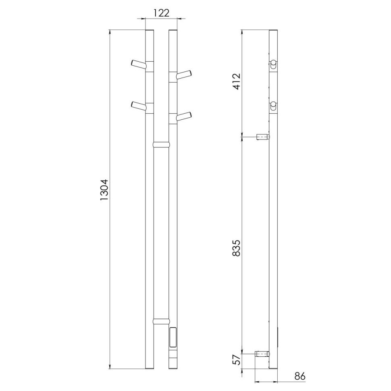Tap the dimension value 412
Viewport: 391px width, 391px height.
[x=237, y=83]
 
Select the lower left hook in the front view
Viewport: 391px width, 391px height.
[x=138, y=106]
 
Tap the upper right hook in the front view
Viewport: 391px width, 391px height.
[x=184, y=74]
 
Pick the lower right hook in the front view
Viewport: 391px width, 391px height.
[x=184, y=116]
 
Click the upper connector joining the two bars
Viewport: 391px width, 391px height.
[x=161, y=144]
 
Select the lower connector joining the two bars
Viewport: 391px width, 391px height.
[x=161, y=321]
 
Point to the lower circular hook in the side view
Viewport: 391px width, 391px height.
[x=274, y=106]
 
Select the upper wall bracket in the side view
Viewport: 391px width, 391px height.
[x=262, y=137]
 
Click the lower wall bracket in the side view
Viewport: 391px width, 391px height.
[x=262, y=354]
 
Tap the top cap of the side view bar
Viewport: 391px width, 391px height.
[x=273, y=31]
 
